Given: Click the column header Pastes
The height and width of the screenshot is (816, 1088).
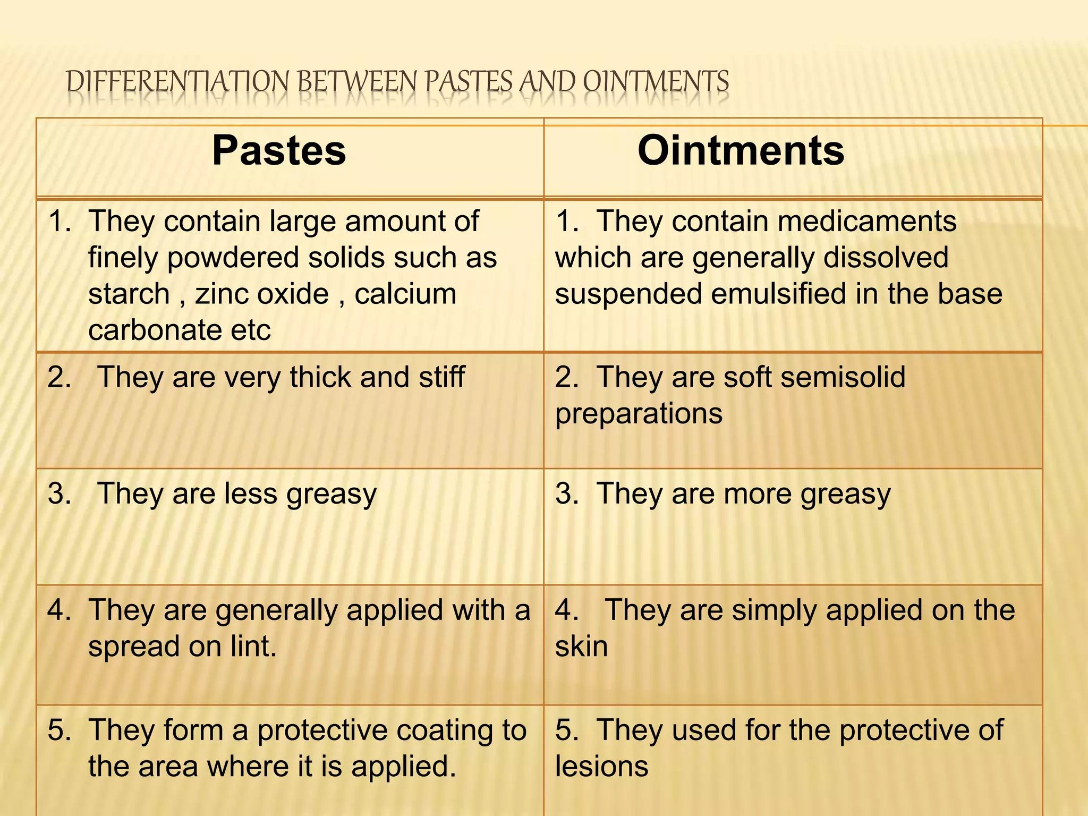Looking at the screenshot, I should coord(279,151).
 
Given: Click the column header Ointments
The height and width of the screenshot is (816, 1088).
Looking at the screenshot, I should coord(741,151).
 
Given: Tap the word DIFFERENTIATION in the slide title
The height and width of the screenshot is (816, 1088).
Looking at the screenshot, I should coord(178,82).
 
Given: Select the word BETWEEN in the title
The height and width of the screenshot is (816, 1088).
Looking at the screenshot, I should coord(357,82).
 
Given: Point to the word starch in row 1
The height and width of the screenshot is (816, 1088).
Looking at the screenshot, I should coord(129,294).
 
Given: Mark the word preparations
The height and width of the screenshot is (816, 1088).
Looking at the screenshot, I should coord(639,413).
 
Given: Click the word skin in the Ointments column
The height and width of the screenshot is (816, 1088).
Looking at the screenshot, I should coord(581,647).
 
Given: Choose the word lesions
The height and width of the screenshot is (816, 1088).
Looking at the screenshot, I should coord(601,767).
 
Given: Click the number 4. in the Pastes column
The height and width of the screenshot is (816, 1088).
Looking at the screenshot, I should coord(59,610).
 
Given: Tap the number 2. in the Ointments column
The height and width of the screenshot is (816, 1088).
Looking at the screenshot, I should coord(567,377).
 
